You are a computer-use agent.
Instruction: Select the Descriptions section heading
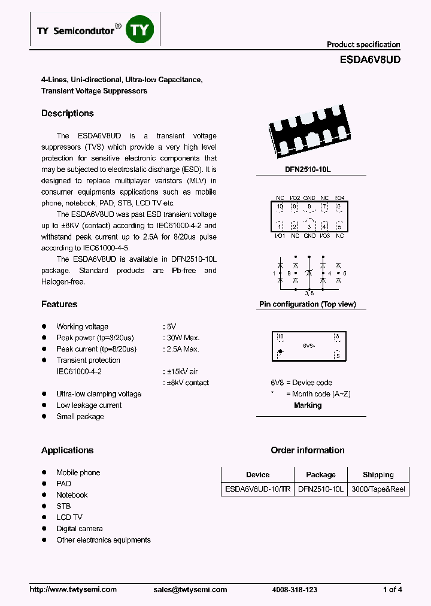coord(68,113)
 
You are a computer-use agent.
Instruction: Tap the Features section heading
coord(59,304)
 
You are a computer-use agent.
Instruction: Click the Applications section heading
coord(67,450)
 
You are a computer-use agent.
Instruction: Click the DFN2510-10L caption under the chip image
coord(308,169)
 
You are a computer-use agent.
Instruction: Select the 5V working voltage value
coord(171,326)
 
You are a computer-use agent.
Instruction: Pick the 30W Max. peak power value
coord(183,338)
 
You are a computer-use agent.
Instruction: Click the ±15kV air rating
coord(181,371)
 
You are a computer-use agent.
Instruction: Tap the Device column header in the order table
coord(257,475)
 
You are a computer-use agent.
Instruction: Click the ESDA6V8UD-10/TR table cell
coord(257,489)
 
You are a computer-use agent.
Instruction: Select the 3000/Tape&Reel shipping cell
coord(378,489)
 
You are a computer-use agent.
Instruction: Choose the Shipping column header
coord(378,475)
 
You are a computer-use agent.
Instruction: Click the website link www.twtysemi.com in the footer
coord(73,590)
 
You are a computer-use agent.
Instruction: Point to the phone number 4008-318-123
coord(294,590)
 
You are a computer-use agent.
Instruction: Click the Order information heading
coord(308,450)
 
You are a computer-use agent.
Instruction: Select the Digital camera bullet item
coord(80,529)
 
